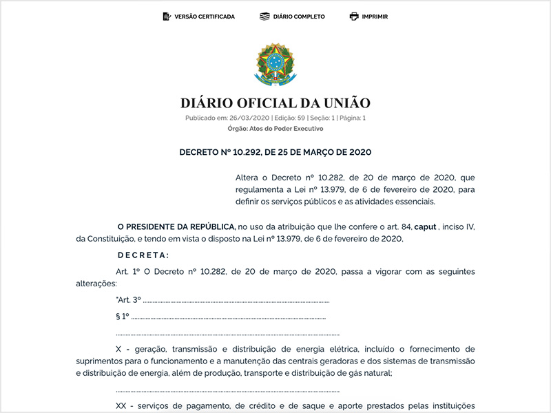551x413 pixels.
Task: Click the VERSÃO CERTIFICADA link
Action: [x=205, y=17]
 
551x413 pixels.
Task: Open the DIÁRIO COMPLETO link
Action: [x=299, y=17]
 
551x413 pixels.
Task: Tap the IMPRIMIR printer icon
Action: [x=354, y=17]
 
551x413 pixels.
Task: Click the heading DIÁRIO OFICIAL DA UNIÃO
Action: [x=275, y=103]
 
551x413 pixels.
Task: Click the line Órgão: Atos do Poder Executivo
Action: [x=275, y=129]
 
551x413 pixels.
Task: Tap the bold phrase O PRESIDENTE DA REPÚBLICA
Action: [x=176, y=226]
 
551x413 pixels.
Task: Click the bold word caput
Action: [x=426, y=226]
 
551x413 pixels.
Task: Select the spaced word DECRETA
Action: [x=143, y=255]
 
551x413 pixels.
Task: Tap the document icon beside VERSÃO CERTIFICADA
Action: [x=166, y=17]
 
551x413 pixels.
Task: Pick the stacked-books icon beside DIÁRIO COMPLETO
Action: [x=264, y=17]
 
